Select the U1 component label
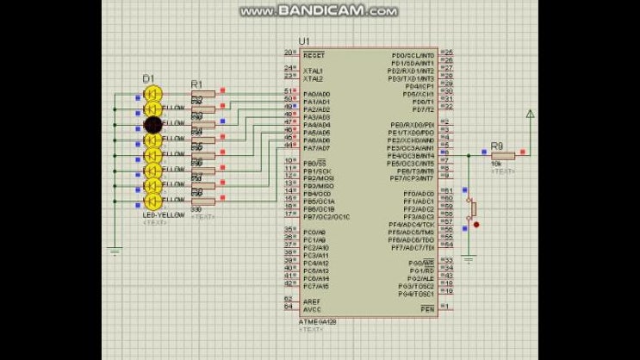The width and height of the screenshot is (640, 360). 303,41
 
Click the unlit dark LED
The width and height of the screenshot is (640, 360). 152,124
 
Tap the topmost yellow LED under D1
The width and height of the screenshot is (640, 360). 152,93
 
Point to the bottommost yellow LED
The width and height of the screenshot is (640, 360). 152,202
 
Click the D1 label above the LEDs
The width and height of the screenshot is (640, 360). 148,79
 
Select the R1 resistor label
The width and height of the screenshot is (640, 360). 196,84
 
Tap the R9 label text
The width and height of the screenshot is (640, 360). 496,146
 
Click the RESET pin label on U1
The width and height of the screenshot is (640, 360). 314,53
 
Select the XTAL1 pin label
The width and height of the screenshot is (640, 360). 313,71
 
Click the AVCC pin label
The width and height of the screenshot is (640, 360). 313,308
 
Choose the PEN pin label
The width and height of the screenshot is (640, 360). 426,307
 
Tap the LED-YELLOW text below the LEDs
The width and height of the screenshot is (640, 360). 158,214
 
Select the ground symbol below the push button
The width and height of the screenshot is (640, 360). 469,258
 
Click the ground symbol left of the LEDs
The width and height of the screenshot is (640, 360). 114,251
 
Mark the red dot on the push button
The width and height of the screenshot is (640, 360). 476,225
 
